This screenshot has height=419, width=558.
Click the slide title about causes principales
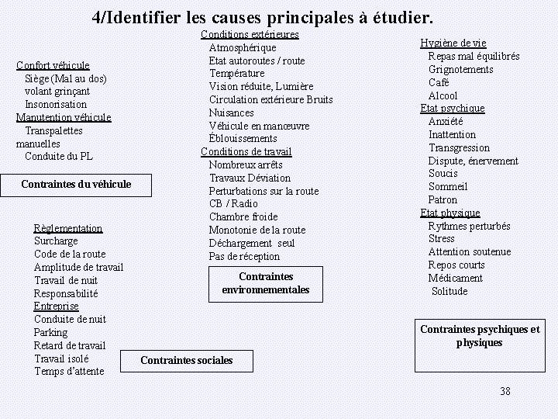tap(263, 16)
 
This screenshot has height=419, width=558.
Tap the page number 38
tap(505, 391)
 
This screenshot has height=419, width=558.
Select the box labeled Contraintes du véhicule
tap(76, 185)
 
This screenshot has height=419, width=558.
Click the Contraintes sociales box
tap(186, 360)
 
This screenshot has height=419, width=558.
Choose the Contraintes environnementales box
tap(266, 283)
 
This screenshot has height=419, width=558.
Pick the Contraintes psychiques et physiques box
tap(480, 336)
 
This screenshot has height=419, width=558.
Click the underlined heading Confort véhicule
tap(53, 65)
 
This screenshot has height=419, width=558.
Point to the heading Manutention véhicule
tap(64, 117)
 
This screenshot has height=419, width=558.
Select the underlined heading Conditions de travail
tap(246, 151)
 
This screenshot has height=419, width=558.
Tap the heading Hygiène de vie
tap(453, 43)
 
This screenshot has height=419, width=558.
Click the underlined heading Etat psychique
tap(453, 109)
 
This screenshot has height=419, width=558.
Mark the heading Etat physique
tap(450, 213)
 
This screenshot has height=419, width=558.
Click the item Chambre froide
tap(243, 216)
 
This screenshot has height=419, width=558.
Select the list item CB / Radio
tap(233, 204)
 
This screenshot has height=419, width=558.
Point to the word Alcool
tap(443, 95)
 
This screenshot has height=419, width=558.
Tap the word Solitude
tap(449, 291)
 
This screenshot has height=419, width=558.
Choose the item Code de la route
tap(70, 254)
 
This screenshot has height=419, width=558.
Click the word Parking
tap(50, 332)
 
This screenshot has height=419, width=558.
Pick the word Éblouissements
tap(243, 138)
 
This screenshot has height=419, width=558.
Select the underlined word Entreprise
tap(56, 306)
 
